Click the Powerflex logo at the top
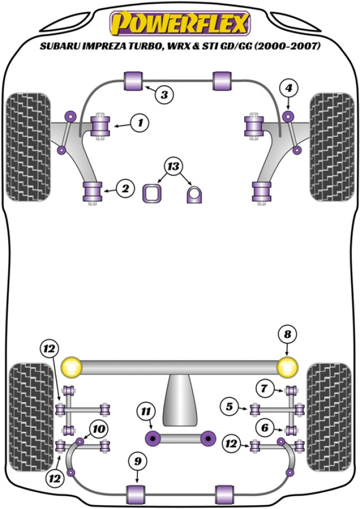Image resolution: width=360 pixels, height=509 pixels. [179, 23]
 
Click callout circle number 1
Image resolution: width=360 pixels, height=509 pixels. [141, 123]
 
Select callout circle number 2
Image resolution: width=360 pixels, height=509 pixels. [125, 189]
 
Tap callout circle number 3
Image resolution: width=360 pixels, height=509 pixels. [164, 95]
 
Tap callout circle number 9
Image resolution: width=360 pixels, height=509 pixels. [137, 460]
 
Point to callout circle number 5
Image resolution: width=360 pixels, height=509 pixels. [229, 407]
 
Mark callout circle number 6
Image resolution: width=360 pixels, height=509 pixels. [265, 428]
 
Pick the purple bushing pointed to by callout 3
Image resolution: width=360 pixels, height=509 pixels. [133, 80]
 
